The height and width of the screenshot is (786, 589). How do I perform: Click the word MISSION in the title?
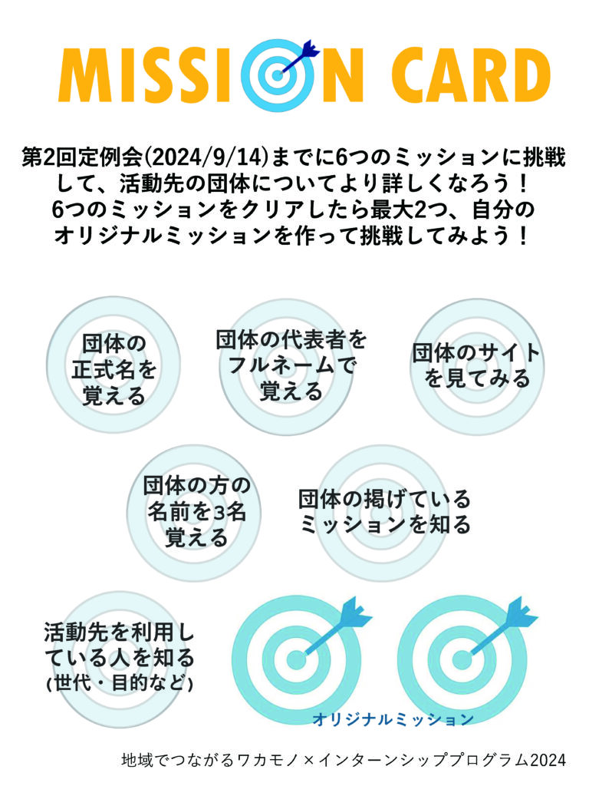(210, 74)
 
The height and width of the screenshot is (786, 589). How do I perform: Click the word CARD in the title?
(471, 74)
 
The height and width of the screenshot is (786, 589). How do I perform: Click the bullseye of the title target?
(278, 76)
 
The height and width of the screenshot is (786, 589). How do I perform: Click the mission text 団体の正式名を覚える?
(114, 369)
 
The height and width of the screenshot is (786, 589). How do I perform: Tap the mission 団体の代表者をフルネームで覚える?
(291, 365)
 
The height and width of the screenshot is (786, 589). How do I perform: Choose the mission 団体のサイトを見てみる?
(476, 365)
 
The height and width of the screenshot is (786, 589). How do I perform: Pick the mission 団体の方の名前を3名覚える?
(196, 511)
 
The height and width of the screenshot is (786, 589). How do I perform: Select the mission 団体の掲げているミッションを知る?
(385, 511)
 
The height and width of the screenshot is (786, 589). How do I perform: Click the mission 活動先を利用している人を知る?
(119, 645)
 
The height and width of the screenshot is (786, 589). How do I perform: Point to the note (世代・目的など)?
(119, 683)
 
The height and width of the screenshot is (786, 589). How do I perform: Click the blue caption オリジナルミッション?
(393, 719)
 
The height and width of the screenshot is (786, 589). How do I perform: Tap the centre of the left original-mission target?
(296, 659)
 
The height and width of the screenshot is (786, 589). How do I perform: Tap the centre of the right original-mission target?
(462, 659)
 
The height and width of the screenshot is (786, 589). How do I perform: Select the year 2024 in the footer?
(548, 760)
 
